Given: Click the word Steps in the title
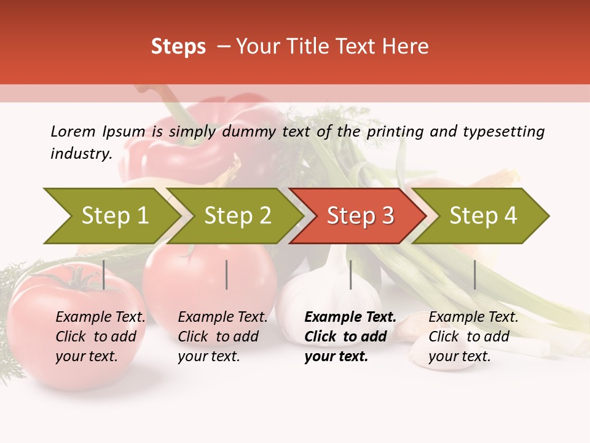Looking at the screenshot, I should [178, 47].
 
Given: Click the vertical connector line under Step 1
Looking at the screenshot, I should [104, 274].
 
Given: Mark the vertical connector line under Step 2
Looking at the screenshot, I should [227, 274].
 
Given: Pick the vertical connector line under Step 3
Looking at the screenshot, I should [350, 274].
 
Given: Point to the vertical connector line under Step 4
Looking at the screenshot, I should [474, 274].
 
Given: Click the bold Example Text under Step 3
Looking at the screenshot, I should [350, 317].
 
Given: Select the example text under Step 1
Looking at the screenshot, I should [100, 337].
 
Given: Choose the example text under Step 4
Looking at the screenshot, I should [473, 337].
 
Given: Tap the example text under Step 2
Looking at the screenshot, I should [222, 337].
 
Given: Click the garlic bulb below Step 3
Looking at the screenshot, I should [313, 289].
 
